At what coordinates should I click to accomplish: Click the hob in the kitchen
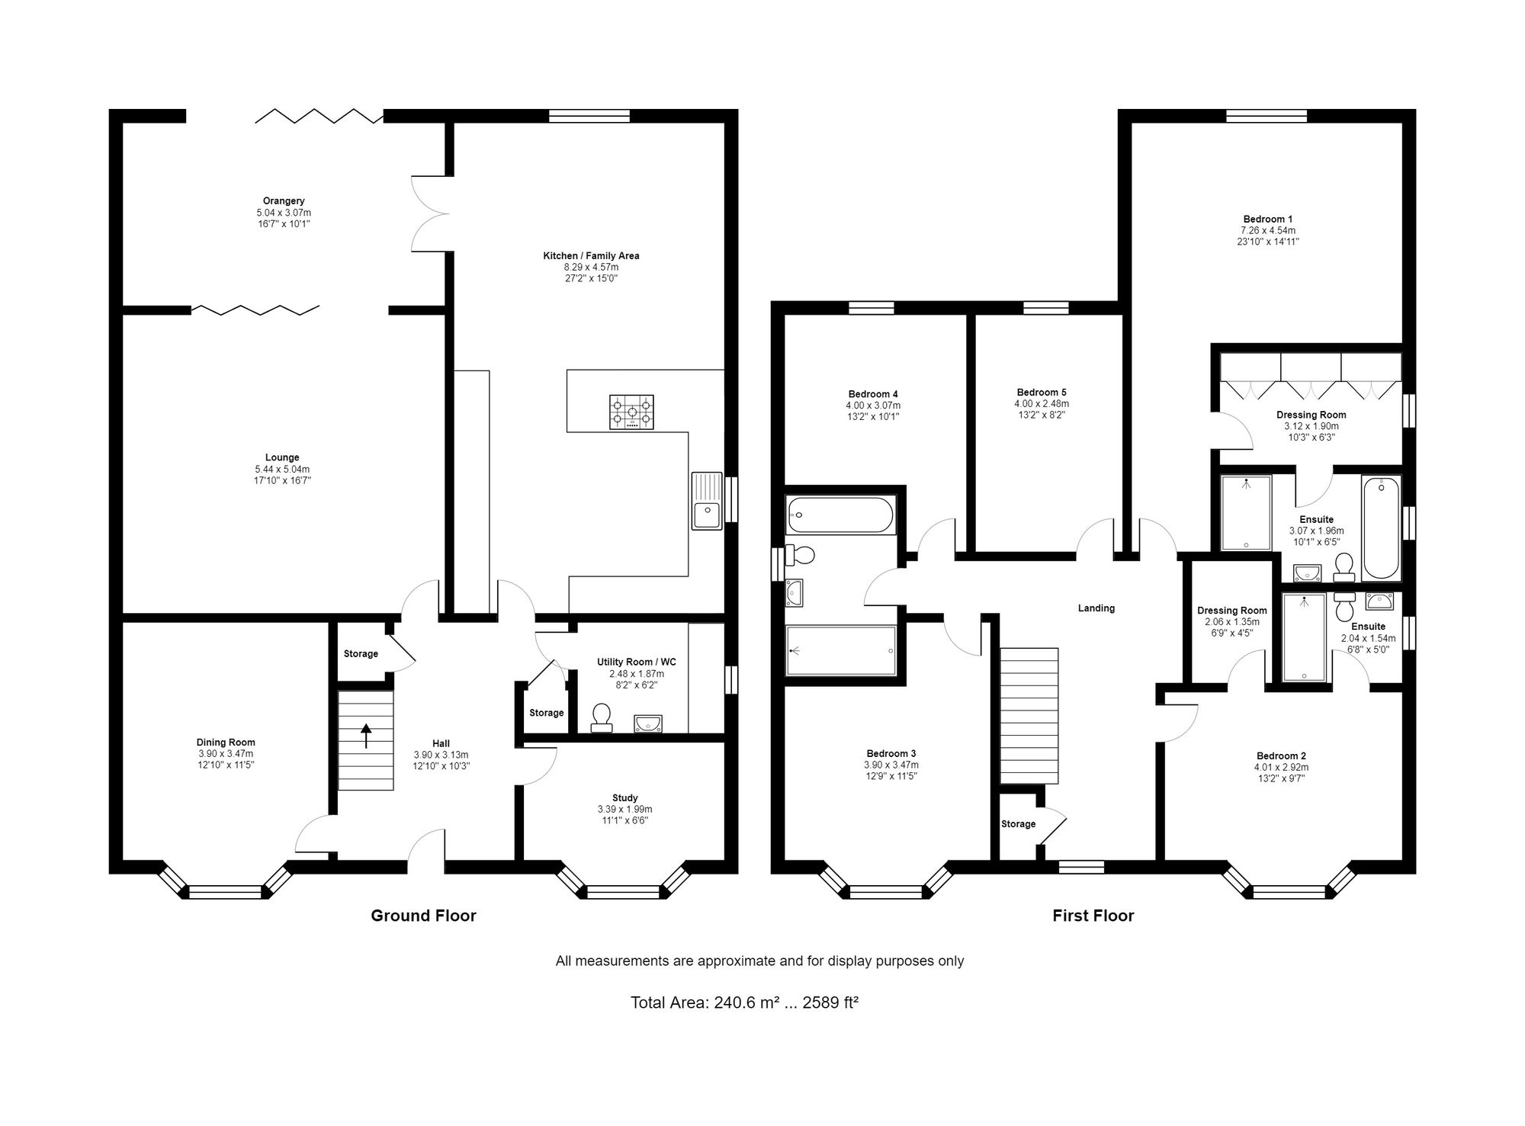[x=631, y=412]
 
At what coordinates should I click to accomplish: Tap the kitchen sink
[x=707, y=500]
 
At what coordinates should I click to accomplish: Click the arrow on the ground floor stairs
[x=366, y=736]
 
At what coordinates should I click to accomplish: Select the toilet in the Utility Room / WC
[x=602, y=718]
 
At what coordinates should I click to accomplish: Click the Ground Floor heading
[x=423, y=916]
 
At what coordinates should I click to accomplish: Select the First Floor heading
[x=1093, y=916]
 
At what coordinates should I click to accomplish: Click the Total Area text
[x=745, y=1002]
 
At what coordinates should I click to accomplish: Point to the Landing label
[x=1096, y=608]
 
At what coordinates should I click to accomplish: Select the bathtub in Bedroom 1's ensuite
[x=1382, y=528]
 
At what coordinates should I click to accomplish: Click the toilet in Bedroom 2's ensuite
[x=1344, y=607]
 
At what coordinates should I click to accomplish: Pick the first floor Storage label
[x=1019, y=824]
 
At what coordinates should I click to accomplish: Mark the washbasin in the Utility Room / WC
[x=647, y=723]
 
